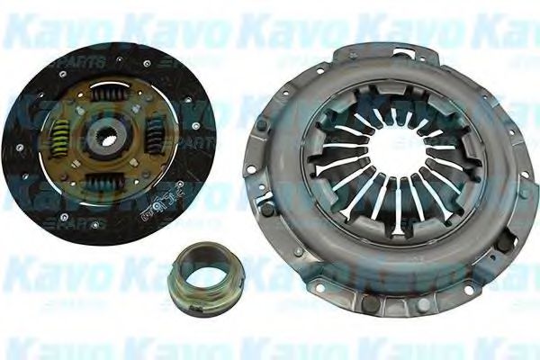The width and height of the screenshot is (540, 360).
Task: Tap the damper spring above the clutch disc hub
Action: (x=109, y=94)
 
